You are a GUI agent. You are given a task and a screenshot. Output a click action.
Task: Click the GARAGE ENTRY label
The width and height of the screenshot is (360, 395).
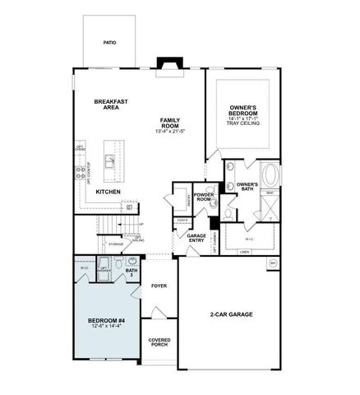(196, 238)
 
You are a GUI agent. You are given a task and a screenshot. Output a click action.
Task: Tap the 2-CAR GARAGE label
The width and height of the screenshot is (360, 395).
(229, 314)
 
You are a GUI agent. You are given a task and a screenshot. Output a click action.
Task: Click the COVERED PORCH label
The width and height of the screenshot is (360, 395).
(158, 342)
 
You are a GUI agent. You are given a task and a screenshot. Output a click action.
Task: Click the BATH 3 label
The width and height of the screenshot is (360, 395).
(132, 272)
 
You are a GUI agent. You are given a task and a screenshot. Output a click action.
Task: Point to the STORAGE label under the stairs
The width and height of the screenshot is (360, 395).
(116, 244)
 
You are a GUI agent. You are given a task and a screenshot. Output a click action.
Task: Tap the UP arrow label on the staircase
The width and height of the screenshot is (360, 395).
(141, 224)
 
